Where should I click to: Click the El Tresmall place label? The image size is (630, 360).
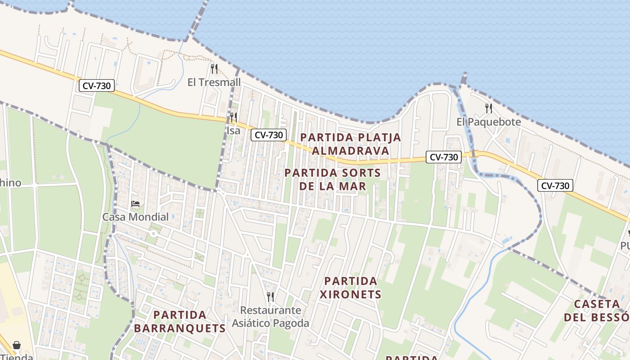tap(214, 82)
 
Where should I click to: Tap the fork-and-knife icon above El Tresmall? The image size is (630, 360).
tap(214, 69)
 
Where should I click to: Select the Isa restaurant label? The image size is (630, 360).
tap(233, 130)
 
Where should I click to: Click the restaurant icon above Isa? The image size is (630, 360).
tap(233, 117)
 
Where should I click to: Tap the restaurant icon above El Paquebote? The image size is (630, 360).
tap(489, 108)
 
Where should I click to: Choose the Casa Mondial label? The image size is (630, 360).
tap(135, 217)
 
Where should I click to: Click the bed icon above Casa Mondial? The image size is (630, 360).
tap(135, 204)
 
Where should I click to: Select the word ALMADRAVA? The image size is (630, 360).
tap(351, 151)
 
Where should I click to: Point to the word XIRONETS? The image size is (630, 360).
tap(351, 295)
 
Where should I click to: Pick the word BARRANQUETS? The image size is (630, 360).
tap(180, 328)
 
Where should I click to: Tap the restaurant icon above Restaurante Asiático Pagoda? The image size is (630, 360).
tap(270, 297)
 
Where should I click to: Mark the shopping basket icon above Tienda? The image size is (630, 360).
tap(17, 345)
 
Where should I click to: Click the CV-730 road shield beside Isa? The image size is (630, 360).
tap(269, 135)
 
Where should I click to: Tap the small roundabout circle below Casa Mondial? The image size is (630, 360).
tap(153, 234)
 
